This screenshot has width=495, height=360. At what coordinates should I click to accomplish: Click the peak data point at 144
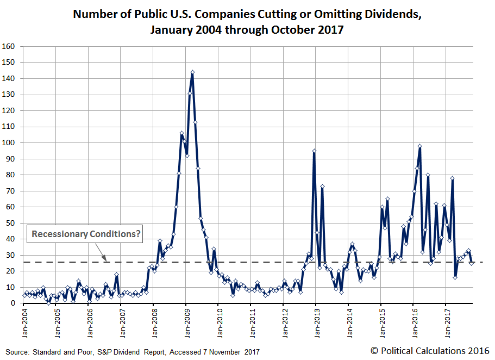192,72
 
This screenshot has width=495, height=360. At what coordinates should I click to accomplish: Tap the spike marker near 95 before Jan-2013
314,151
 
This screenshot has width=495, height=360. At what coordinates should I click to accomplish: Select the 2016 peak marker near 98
420,146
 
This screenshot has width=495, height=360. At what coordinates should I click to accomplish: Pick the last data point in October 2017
471,263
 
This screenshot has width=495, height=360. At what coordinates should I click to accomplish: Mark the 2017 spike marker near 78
452,178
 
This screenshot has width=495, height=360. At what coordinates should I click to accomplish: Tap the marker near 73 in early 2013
322,186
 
